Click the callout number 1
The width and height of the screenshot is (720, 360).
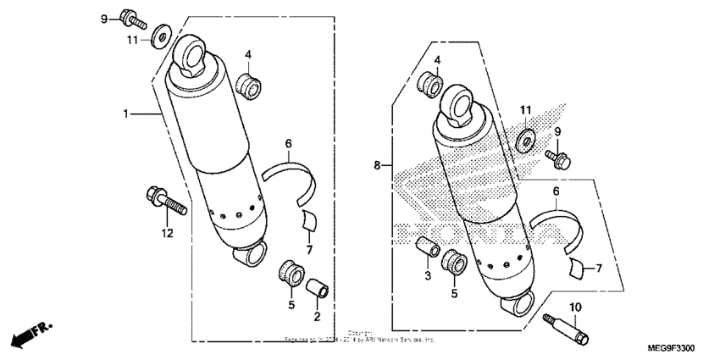125,113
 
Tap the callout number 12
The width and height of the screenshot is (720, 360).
167,233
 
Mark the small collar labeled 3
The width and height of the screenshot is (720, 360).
428,249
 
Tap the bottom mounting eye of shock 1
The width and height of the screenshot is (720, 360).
250,252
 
